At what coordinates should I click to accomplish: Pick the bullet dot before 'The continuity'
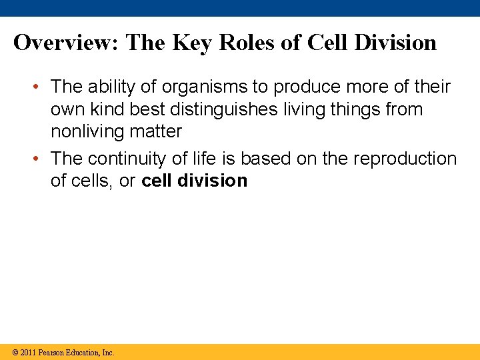pos(41,159)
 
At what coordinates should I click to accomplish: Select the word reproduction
pos(405,159)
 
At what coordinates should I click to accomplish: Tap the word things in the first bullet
pos(355,109)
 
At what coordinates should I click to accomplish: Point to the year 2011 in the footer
pos(29,353)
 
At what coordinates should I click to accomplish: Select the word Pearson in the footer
pos(52,353)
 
